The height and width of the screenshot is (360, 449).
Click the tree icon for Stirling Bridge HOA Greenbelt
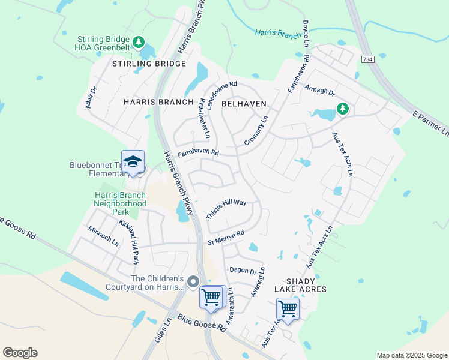tap(139, 41)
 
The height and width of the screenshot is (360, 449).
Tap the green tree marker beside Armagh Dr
tap(342, 109)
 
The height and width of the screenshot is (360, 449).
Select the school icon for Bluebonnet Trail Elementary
tap(133, 161)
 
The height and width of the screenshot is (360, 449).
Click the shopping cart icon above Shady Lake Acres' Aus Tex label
tap(288, 309)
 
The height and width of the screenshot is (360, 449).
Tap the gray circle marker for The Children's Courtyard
tap(193, 281)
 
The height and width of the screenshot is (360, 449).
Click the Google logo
tap(20, 353)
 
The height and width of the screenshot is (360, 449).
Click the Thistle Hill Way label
tap(226, 210)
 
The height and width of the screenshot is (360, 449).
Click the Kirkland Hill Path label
tap(128, 241)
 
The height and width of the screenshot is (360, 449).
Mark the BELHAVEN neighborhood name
tap(244, 104)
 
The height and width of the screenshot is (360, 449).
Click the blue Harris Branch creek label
tap(277, 34)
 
